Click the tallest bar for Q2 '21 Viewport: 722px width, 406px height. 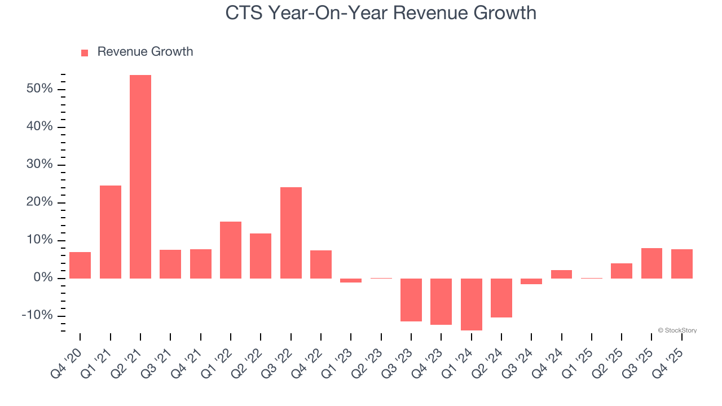click(140, 176)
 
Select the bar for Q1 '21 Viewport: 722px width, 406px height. click(111, 232)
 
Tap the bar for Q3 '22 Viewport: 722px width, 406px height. click(291, 232)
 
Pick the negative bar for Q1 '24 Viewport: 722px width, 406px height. click(472, 304)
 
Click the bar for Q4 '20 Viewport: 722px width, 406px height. click(80, 265)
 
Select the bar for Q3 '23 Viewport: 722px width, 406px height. click(411, 299)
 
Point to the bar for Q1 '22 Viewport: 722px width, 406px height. click(231, 250)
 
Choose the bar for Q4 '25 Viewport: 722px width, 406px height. click(682, 263)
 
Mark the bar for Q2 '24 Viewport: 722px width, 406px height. click(501, 298)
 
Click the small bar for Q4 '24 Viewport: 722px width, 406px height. click(562, 274)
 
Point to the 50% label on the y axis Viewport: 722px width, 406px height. click(39, 89)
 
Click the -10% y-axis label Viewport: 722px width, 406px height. click(37, 315)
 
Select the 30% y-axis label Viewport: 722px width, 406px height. click(39, 165)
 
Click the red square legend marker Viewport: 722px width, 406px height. click(85, 52)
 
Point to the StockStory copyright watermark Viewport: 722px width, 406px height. click(677, 330)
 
